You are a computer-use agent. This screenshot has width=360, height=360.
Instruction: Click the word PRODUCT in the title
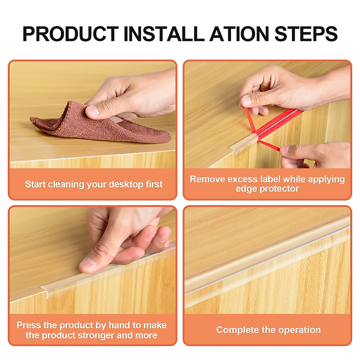click(x=70, y=34)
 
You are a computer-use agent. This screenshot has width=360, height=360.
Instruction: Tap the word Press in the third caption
click(x=29, y=325)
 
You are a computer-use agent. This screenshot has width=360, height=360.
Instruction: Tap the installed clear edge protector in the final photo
click(x=267, y=258)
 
